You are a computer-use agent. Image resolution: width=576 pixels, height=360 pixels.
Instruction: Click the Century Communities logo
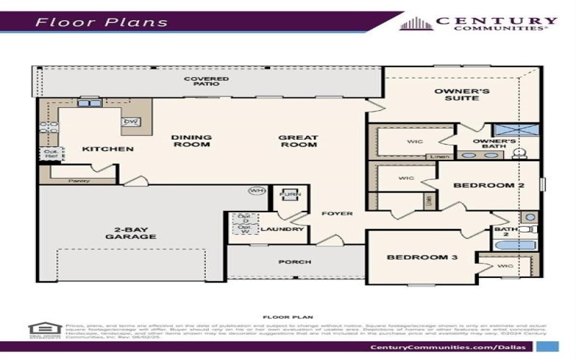(x=478, y=23)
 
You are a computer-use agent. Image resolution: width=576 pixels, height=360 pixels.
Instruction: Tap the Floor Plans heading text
(x=102, y=22)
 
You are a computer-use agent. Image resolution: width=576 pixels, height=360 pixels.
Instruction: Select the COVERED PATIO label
(x=206, y=81)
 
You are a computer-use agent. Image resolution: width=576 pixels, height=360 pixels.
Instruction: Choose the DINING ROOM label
(x=191, y=140)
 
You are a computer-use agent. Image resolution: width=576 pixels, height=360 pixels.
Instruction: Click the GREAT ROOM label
(x=298, y=140)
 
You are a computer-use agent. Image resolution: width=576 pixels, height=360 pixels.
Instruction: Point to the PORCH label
(x=295, y=261)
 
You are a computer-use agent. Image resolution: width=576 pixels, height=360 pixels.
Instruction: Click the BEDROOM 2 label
(x=487, y=185)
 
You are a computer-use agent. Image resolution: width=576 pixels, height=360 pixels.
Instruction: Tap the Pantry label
(x=78, y=180)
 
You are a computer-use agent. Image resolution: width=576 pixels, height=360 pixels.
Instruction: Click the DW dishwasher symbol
(x=131, y=122)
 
